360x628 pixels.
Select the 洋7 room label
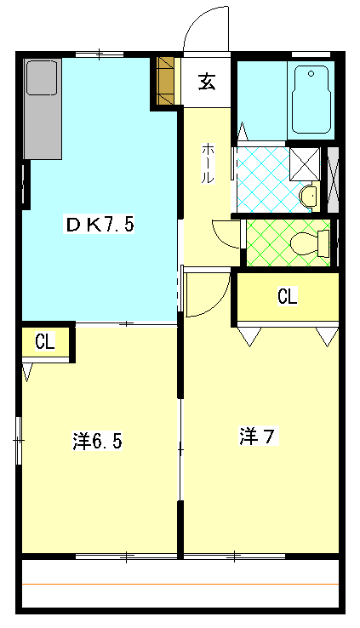click(256, 437)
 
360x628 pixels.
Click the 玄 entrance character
click(206, 82)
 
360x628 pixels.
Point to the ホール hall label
click(208, 162)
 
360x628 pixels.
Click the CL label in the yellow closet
click(288, 297)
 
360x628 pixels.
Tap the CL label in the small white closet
click(45, 342)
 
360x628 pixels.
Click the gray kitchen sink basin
click(40, 77)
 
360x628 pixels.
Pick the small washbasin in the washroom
click(309, 197)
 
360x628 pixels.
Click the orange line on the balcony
click(180, 585)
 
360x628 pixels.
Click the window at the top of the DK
click(100, 54)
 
